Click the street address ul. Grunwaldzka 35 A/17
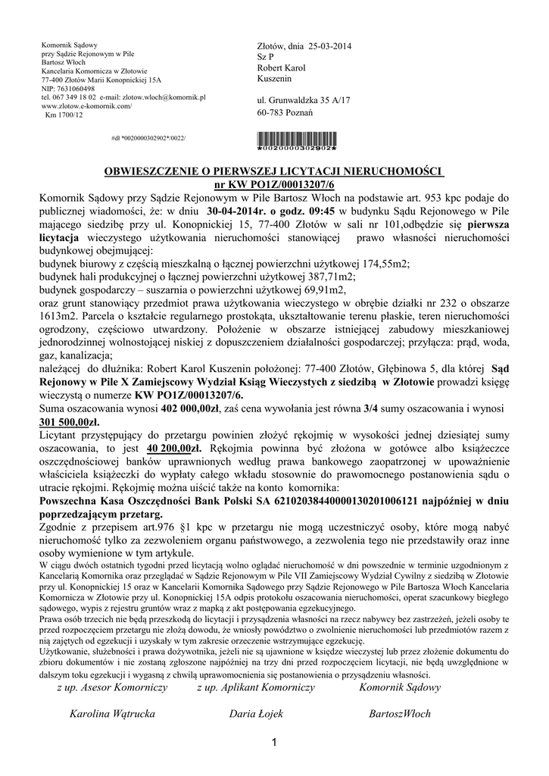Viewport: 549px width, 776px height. click(304, 100)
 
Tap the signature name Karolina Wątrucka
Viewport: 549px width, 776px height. click(112, 714)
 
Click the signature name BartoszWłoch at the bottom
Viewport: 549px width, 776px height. click(400, 714)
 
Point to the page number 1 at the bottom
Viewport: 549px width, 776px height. click(274, 743)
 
